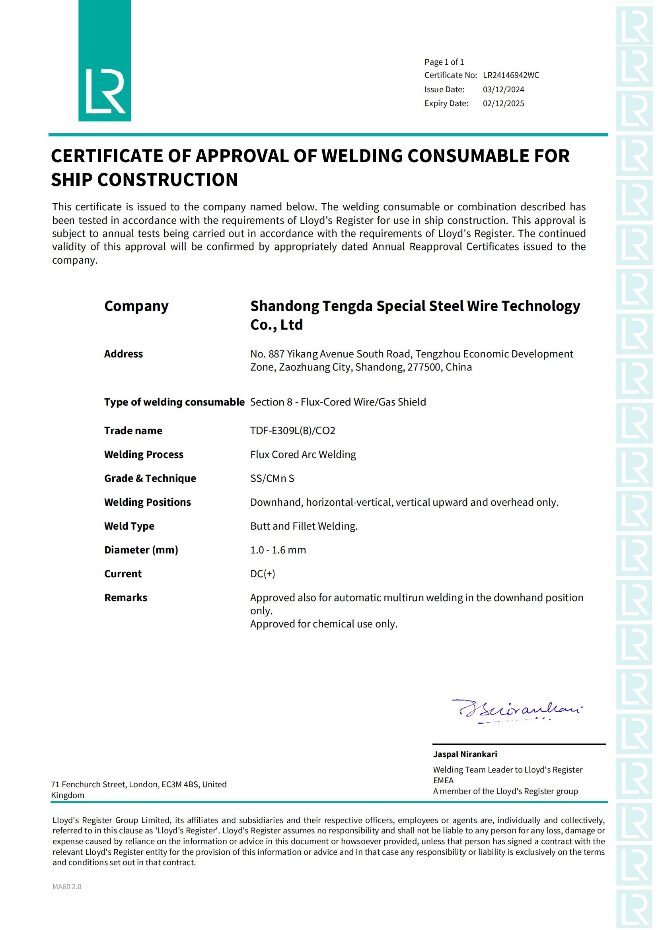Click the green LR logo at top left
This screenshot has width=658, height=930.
tap(105, 61)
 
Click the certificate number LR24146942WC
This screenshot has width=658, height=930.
tap(510, 75)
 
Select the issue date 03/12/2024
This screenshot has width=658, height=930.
tap(503, 89)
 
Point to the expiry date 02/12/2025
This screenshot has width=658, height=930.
tap(503, 104)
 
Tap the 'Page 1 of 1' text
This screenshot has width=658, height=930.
tap(444, 62)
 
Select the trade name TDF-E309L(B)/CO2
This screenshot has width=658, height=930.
tap(292, 431)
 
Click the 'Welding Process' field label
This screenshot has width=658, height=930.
tap(144, 454)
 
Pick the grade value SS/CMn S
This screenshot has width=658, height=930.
tap(272, 478)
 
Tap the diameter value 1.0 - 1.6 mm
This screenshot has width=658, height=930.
tap(278, 550)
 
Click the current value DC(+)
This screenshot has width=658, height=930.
tap(263, 574)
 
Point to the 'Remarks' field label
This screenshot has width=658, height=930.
tap(126, 598)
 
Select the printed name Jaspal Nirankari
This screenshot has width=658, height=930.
tap(465, 754)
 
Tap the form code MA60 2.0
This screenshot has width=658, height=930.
tap(67, 887)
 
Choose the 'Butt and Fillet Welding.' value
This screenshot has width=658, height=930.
tap(304, 526)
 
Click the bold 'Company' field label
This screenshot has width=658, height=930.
tap(136, 306)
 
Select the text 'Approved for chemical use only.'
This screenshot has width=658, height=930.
tap(324, 624)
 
